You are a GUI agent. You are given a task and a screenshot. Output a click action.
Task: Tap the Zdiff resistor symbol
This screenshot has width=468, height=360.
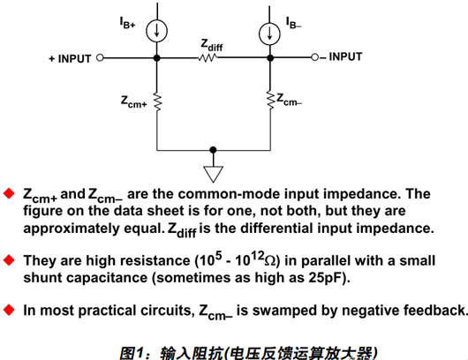click(208, 58)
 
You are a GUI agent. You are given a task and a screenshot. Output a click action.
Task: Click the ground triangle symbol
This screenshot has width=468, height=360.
click(213, 172)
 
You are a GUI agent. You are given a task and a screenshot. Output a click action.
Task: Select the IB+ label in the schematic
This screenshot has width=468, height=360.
click(127, 24)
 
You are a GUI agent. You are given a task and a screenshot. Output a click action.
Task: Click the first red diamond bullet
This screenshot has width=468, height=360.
click(10, 193)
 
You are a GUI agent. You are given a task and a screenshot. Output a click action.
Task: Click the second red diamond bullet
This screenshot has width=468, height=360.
click(10, 260)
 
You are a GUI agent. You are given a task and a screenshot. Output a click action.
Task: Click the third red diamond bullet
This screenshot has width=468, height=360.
click(10, 310)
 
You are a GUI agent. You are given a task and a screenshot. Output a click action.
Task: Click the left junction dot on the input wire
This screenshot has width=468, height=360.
click(157, 58)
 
